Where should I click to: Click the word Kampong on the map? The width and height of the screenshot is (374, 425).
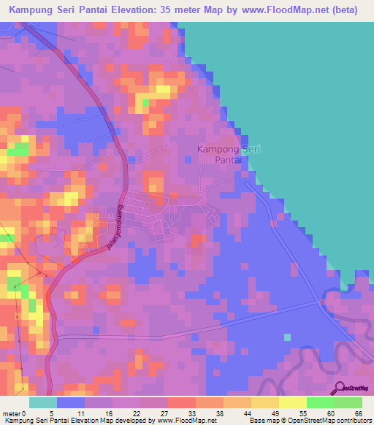(216, 149)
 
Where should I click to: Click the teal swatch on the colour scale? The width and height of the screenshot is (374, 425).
(42, 402)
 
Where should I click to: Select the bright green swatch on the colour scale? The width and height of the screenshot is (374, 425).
(320, 402)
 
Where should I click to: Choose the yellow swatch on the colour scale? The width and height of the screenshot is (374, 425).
(292, 402)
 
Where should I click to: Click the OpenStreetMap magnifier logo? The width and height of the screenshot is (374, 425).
(340, 388)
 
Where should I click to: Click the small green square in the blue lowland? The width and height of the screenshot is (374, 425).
(287, 337)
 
